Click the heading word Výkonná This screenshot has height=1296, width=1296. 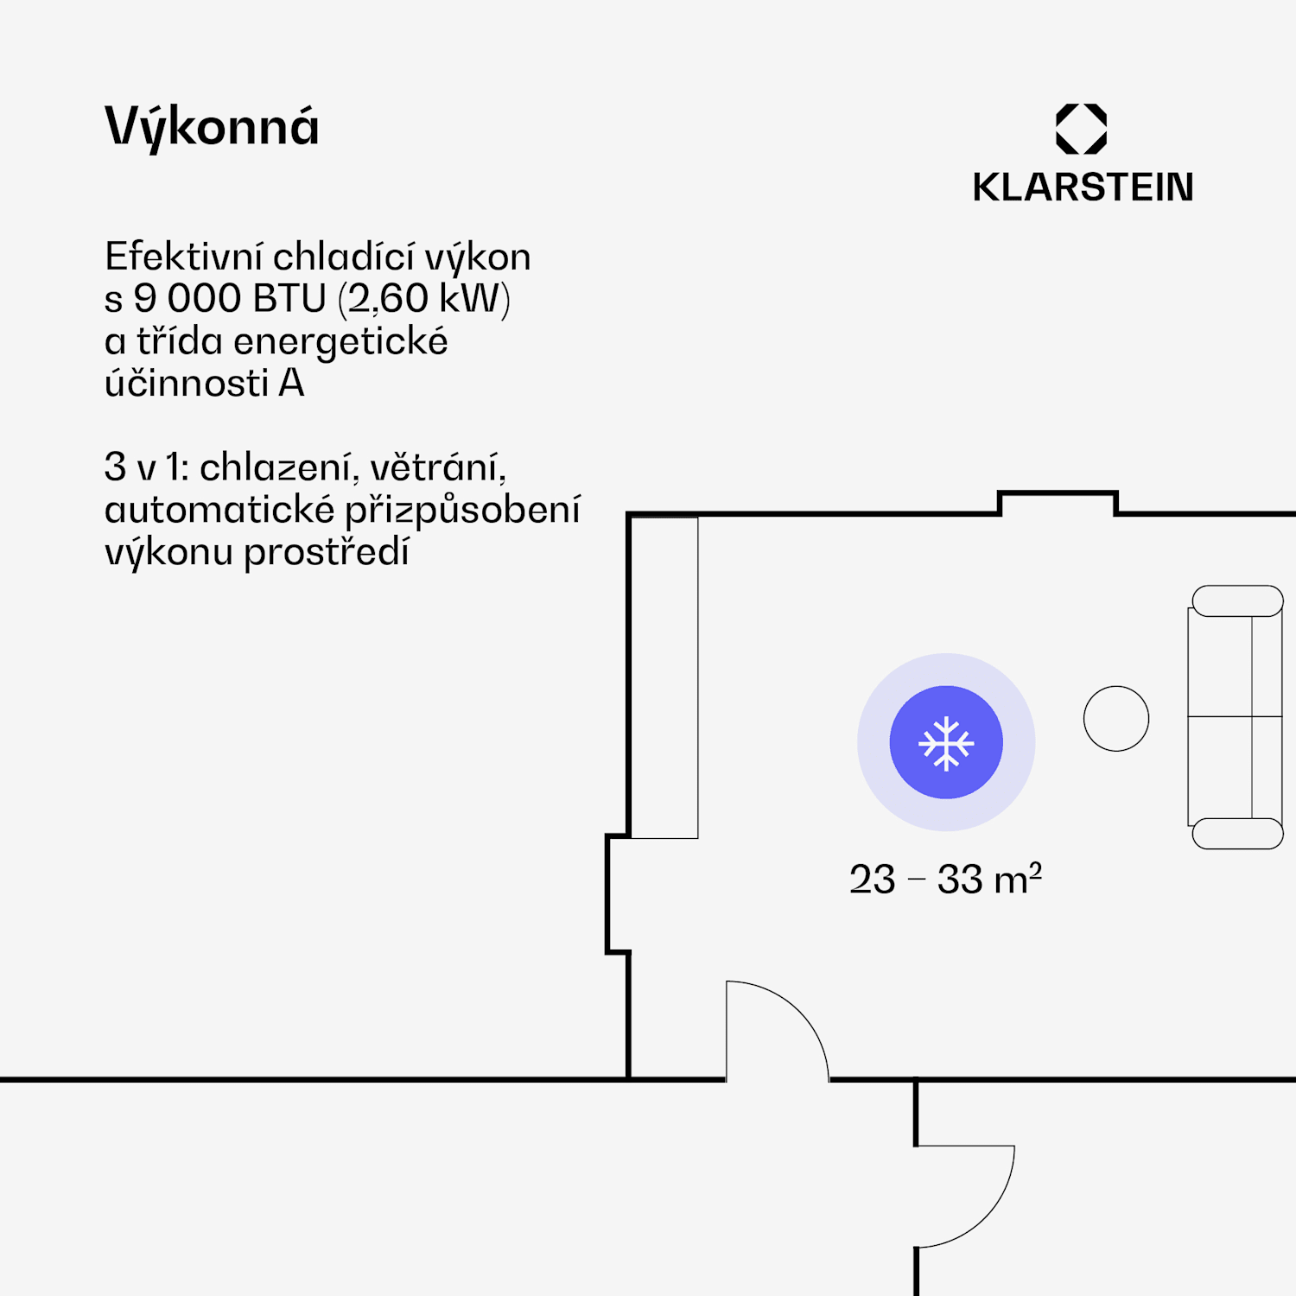[x=212, y=127]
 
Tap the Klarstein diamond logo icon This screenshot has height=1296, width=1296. [x=1081, y=129]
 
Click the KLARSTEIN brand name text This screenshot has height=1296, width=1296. [x=1083, y=187]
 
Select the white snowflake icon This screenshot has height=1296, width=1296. [x=946, y=742]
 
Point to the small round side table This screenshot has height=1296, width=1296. [x=1116, y=718]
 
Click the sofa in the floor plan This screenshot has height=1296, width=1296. [x=1236, y=717]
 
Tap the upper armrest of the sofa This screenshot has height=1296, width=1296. [x=1237, y=600]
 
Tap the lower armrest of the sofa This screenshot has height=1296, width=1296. [x=1237, y=834]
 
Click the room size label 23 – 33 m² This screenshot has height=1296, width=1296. [x=945, y=880]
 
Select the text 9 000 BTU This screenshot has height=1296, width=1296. [x=229, y=299]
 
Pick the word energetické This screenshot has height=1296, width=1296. [x=340, y=341]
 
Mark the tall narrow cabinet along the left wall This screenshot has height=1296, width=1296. [x=664, y=677]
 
